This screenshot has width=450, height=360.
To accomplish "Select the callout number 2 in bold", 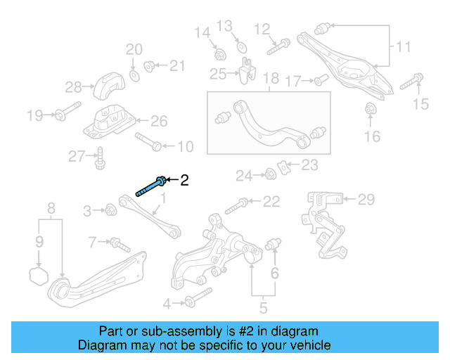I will (x=184, y=181).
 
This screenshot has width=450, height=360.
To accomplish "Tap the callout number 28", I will (x=74, y=87).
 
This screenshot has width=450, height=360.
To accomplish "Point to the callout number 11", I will (x=403, y=48).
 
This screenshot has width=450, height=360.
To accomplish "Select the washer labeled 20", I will (x=133, y=74).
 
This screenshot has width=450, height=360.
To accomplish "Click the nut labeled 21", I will (x=149, y=67).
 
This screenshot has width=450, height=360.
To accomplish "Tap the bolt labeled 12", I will (x=275, y=49).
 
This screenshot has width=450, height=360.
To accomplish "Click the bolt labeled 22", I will (x=236, y=206).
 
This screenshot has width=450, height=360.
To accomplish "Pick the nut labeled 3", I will (x=110, y=209).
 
